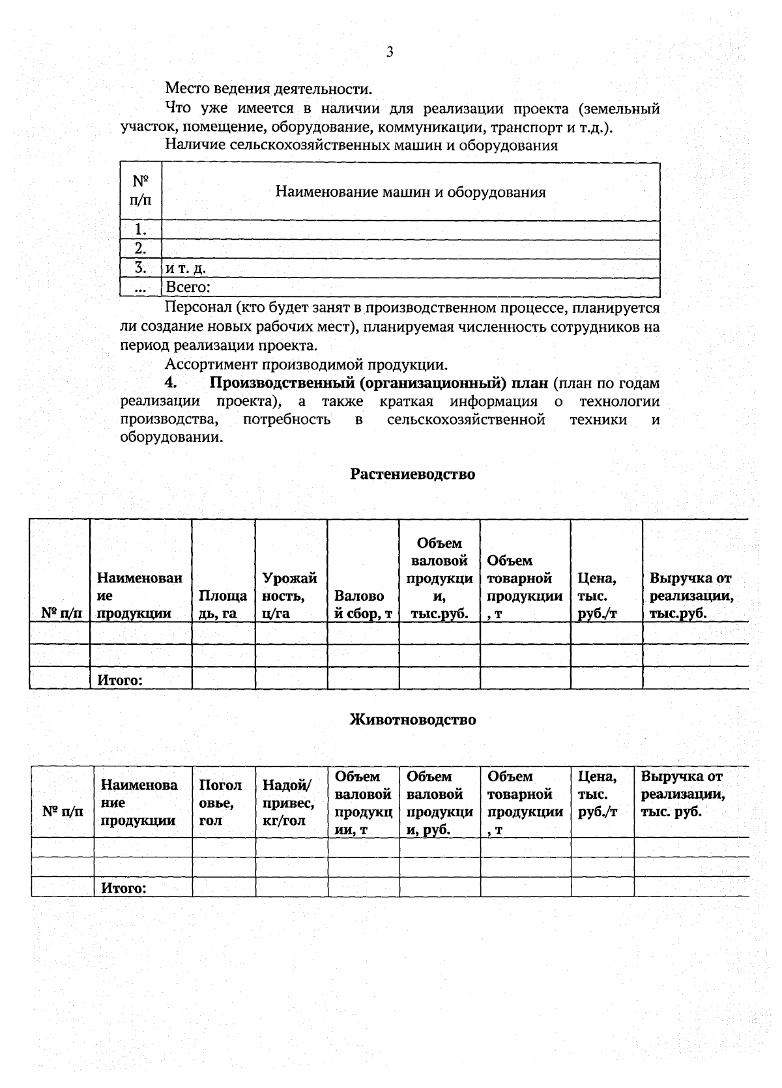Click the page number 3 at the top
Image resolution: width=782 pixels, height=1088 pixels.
[390, 53]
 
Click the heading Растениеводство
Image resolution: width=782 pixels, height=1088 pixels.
[413, 474]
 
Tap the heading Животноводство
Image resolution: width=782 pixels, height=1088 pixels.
[413, 720]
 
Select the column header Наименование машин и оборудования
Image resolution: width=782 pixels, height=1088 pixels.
[410, 192]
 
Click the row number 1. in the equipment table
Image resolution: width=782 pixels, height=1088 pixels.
[140, 229]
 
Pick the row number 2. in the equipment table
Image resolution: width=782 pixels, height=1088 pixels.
[140, 248]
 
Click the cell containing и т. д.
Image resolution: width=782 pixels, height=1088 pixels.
[186, 268]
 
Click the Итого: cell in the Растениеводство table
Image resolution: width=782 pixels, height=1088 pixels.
[120, 680]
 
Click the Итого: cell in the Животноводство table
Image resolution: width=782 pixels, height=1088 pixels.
[123, 888]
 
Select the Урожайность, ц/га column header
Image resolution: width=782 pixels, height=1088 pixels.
[289, 595]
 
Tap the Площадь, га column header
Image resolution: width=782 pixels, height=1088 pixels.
[222, 604]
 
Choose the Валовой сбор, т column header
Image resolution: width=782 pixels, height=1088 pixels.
[362, 604]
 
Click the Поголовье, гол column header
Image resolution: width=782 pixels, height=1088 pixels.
[220, 803]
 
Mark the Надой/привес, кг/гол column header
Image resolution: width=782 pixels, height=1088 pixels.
[288, 803]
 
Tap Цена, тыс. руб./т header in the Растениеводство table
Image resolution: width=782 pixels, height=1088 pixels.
[597, 595]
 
